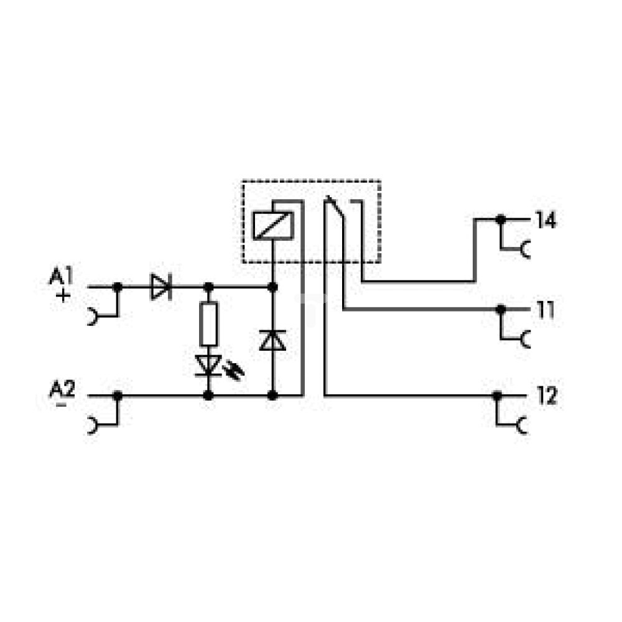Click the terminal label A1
coord(61,276)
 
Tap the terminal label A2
coord(62,389)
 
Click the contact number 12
coord(547,396)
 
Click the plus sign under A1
coord(63,295)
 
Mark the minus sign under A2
coord(61,405)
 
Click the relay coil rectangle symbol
coord(273,226)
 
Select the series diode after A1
coord(161,286)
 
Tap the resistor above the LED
coord(208,323)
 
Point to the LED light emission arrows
coord(234,371)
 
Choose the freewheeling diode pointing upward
coord(272,340)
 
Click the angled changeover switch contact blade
coord(336,207)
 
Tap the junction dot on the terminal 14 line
coord(501,219)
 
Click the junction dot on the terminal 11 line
coord(501,309)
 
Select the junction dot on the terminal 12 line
coord(496,396)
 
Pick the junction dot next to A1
coord(118,286)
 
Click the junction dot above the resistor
coord(208,286)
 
